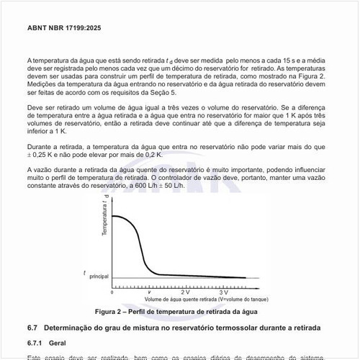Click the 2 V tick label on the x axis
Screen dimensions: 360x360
pos(185,292)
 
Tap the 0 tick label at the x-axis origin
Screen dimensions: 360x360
pos(112,292)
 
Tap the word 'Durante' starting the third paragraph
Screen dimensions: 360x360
pos(39,146)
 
